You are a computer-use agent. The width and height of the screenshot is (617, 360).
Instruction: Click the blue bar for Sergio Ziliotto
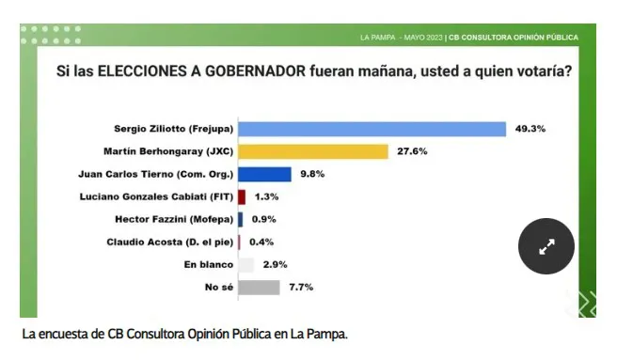pyautogui.click(x=372, y=129)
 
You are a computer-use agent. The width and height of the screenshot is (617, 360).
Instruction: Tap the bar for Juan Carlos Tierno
pyautogui.click(x=264, y=174)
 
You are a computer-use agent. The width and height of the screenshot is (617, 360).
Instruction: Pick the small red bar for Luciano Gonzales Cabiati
pyautogui.click(x=242, y=196)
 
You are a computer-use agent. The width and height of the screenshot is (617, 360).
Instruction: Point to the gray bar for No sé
pyautogui.click(x=259, y=288)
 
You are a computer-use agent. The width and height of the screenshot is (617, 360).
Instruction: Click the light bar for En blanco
pyautogui.click(x=245, y=265)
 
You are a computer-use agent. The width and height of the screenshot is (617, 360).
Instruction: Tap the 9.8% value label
pyautogui.click(x=313, y=174)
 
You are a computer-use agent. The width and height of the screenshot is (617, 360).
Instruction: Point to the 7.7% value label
pyautogui.click(x=302, y=288)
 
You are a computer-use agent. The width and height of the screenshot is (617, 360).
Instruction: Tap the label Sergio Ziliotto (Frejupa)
pyautogui.click(x=173, y=129)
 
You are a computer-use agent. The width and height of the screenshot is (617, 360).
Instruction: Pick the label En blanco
pyautogui.click(x=209, y=265)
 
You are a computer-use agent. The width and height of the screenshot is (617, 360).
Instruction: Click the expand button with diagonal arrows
pyautogui.click(x=546, y=246)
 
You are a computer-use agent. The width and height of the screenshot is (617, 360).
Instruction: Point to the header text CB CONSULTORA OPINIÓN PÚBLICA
pyautogui.click(x=514, y=37)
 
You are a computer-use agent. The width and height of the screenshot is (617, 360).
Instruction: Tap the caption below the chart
pyautogui.click(x=184, y=334)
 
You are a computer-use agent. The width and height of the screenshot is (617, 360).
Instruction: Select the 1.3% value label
pyautogui.click(x=267, y=196)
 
